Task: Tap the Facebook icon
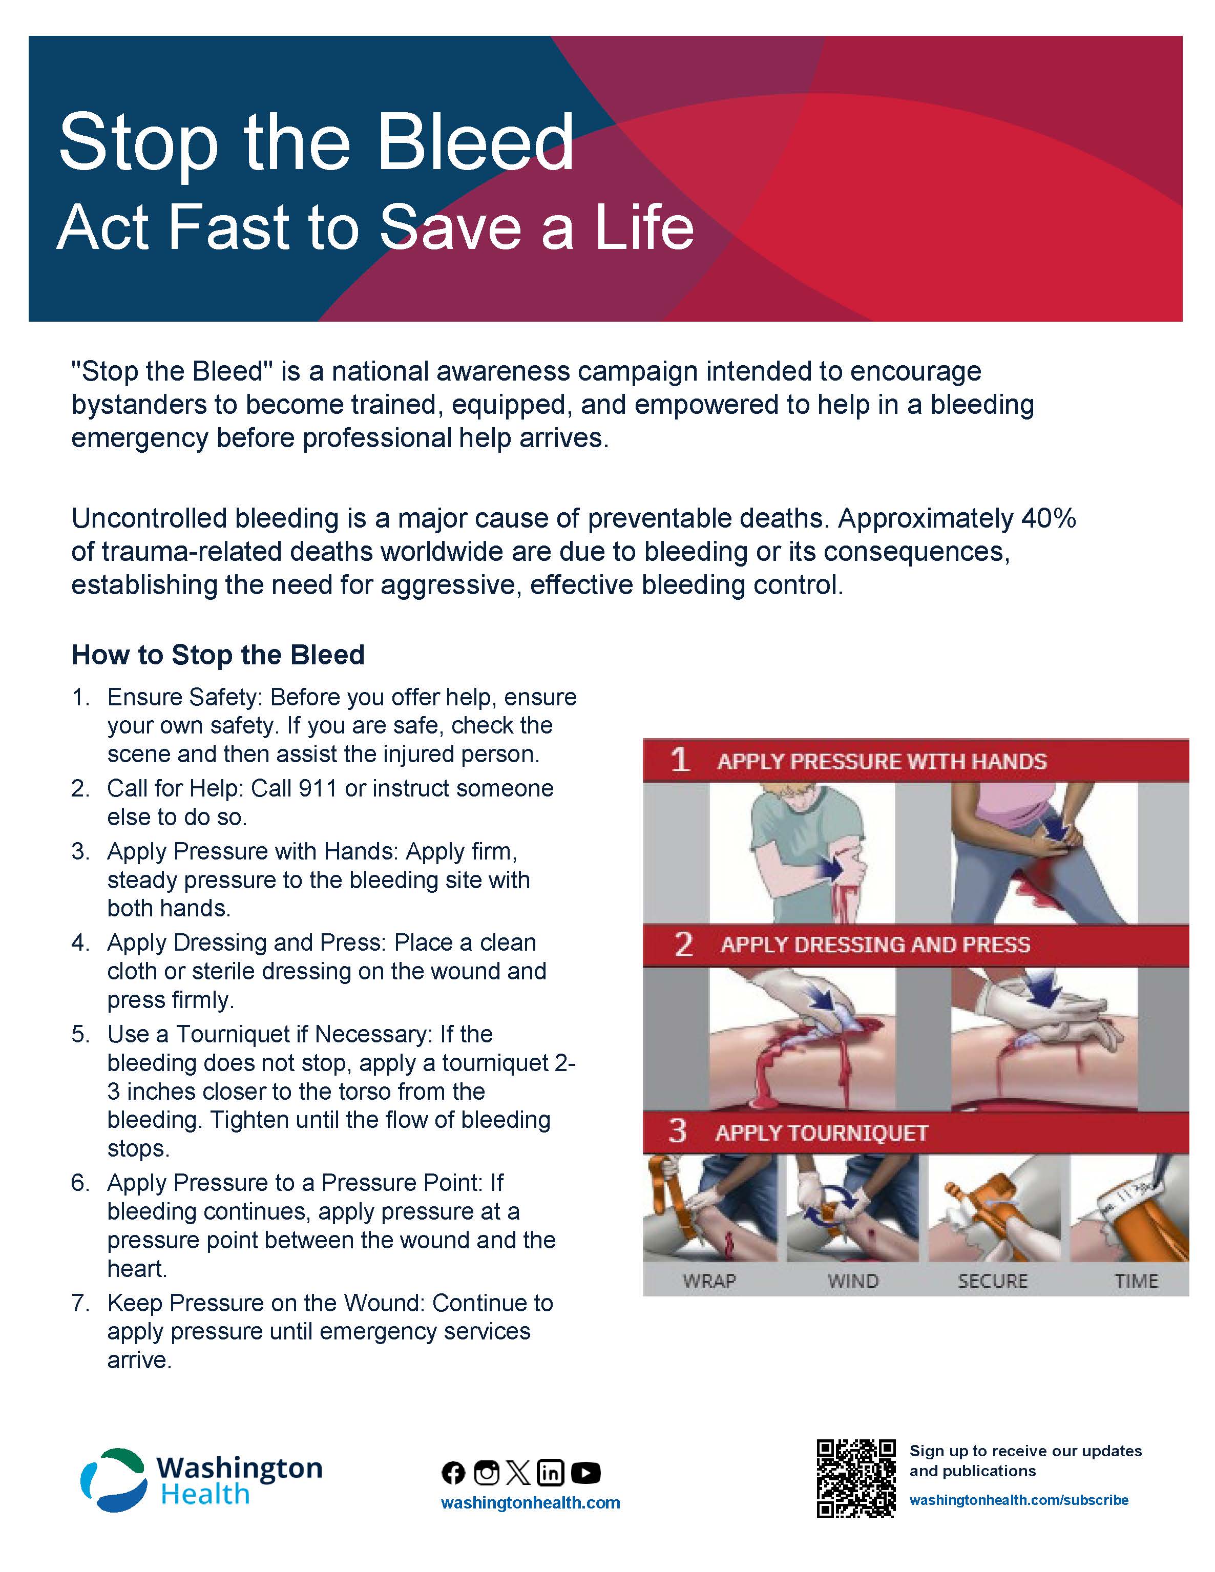453,1473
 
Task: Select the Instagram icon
487,1473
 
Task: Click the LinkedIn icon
551,1473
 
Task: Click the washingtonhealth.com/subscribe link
1018,1500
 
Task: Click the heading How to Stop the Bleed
218,655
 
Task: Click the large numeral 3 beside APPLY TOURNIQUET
677,1131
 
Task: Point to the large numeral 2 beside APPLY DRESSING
683,944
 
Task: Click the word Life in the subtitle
645,227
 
